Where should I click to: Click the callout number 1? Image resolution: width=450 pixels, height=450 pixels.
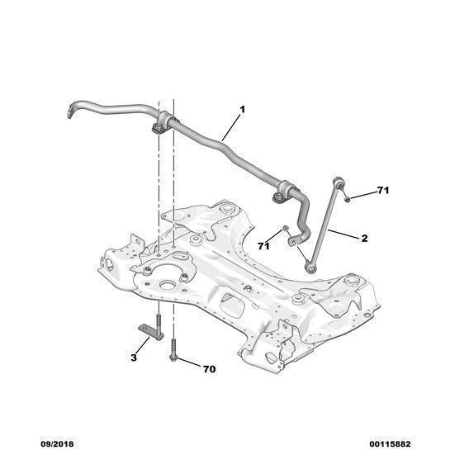pos(243,109)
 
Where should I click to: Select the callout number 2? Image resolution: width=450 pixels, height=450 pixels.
pos(364,238)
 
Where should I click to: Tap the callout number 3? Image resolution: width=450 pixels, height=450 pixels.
pos(134,358)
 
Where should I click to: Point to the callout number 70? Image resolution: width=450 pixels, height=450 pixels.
pos(209,369)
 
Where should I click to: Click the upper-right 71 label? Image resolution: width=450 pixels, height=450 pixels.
pos(383,190)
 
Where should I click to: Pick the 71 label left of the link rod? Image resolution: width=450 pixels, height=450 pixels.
pos(263,246)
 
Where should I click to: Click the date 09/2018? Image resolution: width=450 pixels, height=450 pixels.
pos(57,444)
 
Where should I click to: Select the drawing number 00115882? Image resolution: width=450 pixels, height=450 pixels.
pos(390,444)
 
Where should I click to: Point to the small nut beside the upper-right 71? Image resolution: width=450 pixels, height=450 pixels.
pos(347,199)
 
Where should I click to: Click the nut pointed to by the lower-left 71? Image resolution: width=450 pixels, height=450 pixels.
pos(286,228)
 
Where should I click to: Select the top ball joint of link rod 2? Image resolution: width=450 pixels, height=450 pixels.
pos(338,182)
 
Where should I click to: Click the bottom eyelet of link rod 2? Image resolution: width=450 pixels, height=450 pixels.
pos(310,268)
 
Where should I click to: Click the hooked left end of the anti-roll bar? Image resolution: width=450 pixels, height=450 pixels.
pos(73,109)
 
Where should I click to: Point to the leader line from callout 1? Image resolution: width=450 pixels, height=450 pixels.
pos(231,127)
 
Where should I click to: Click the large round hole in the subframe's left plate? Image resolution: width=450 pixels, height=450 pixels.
pos(168,285)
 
